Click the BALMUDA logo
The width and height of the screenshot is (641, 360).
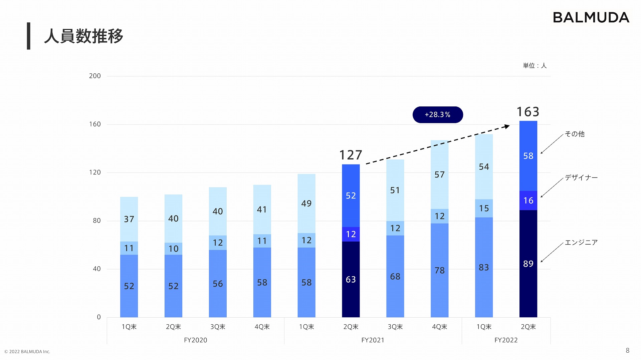pyautogui.click(x=591, y=18)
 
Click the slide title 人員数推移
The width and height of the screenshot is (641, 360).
pyautogui.click(x=83, y=36)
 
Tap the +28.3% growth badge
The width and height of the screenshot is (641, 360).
pyautogui.click(x=438, y=115)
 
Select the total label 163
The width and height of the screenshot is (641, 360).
pyautogui.click(x=528, y=112)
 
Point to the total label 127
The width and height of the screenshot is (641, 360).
pyautogui.click(x=351, y=155)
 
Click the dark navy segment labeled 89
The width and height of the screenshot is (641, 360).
pyautogui.click(x=528, y=264)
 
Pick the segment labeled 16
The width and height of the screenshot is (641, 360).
pyautogui.click(x=528, y=201)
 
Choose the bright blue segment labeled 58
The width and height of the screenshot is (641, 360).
pyautogui.click(x=528, y=156)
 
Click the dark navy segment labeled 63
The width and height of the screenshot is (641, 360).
pyautogui.click(x=351, y=279)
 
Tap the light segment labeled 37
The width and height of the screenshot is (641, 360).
pyautogui.click(x=129, y=219)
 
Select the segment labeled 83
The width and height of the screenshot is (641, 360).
pyautogui.click(x=484, y=267)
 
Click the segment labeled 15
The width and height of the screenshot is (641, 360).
pyautogui.click(x=484, y=208)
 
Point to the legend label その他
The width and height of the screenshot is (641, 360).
pyautogui.click(x=575, y=134)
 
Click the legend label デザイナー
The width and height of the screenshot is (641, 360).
pyautogui.click(x=581, y=177)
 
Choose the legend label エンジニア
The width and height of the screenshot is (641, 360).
pyautogui.click(x=581, y=243)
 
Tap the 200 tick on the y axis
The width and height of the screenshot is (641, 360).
pyautogui.click(x=95, y=76)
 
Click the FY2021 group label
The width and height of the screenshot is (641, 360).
pyautogui.click(x=373, y=340)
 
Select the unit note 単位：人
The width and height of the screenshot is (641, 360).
pyautogui.click(x=535, y=66)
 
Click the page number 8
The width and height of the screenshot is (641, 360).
pyautogui.click(x=627, y=350)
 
